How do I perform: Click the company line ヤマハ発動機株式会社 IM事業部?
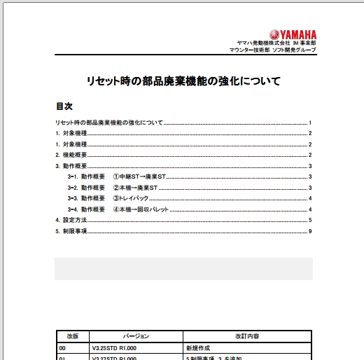[278, 43]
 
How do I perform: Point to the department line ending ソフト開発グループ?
[273, 51]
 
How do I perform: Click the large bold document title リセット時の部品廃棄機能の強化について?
[183, 81]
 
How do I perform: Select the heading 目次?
[64, 106]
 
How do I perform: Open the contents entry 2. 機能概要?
[71, 155]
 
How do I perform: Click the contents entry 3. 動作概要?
[71, 166]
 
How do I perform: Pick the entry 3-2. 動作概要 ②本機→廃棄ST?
[115, 188]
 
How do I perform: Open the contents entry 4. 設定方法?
[71, 220]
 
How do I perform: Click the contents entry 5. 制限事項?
[71, 231]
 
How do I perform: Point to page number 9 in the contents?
[309, 231]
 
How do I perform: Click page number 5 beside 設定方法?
[309, 220]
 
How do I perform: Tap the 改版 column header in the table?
[73, 336]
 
